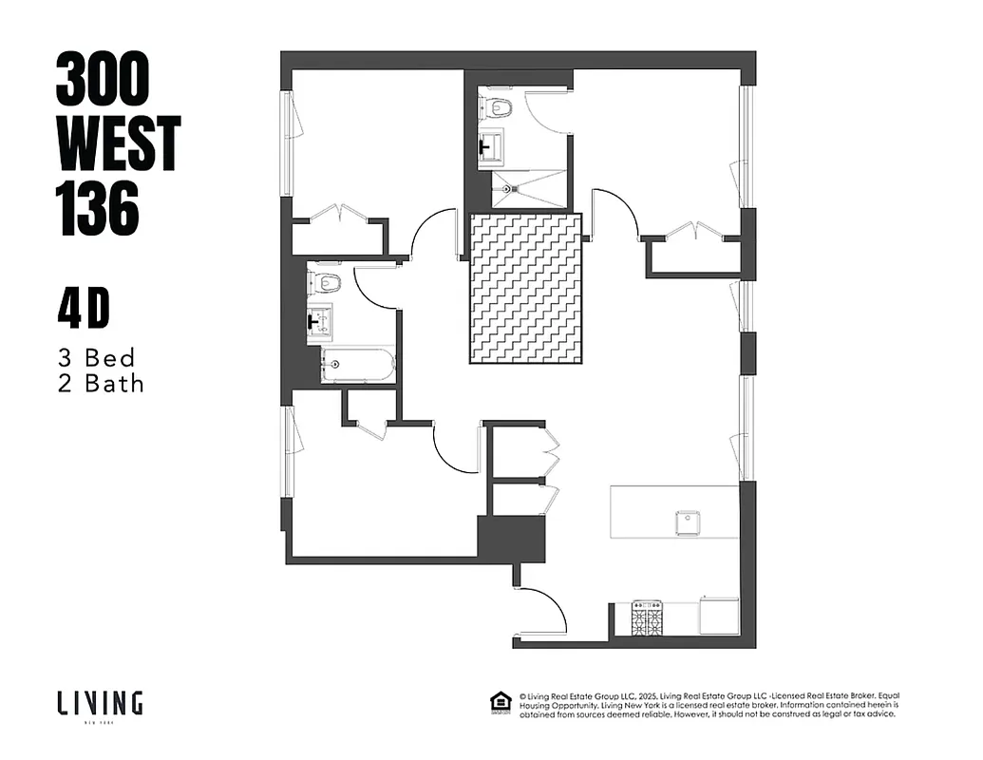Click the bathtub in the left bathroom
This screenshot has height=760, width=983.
click(357, 365)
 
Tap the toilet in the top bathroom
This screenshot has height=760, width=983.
click(497, 106)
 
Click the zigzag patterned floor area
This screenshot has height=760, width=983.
click(525, 288)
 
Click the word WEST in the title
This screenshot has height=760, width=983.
click(118, 142)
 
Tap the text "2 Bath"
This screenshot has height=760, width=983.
click(101, 384)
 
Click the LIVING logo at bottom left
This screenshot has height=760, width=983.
click(99, 703)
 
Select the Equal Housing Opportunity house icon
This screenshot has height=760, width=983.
click(498, 702)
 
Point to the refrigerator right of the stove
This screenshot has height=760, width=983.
click(719, 615)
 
